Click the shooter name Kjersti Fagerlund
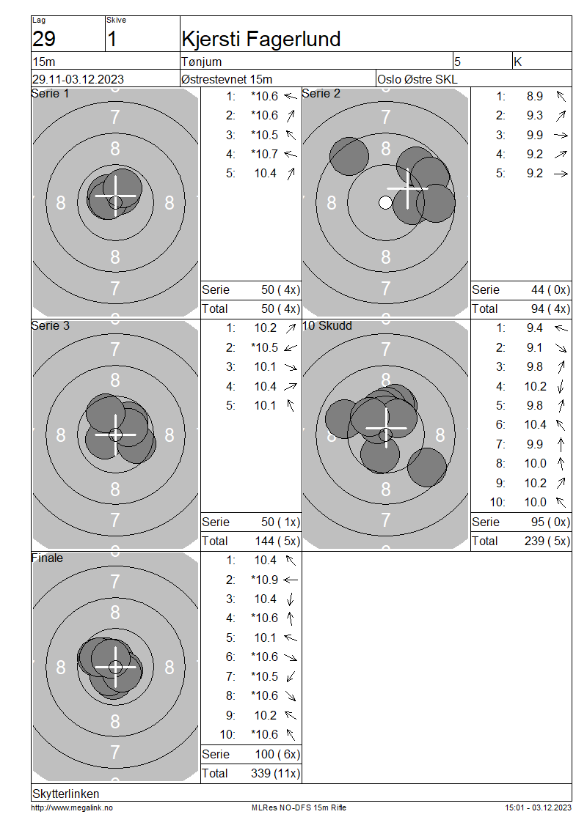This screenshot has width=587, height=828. tap(260, 40)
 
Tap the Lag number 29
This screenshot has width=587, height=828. tap(44, 39)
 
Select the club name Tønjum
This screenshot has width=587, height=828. tap(202, 62)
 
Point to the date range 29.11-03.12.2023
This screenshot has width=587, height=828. tap(79, 79)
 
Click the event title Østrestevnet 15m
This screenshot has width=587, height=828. tap(227, 79)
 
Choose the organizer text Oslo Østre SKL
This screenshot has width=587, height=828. tap(418, 79)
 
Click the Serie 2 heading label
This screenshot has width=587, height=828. tap(321, 94)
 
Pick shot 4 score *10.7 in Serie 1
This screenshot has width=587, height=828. tap(264, 154)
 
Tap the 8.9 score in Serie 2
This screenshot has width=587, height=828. tap(535, 96)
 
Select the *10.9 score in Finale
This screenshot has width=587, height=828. tap(264, 580)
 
